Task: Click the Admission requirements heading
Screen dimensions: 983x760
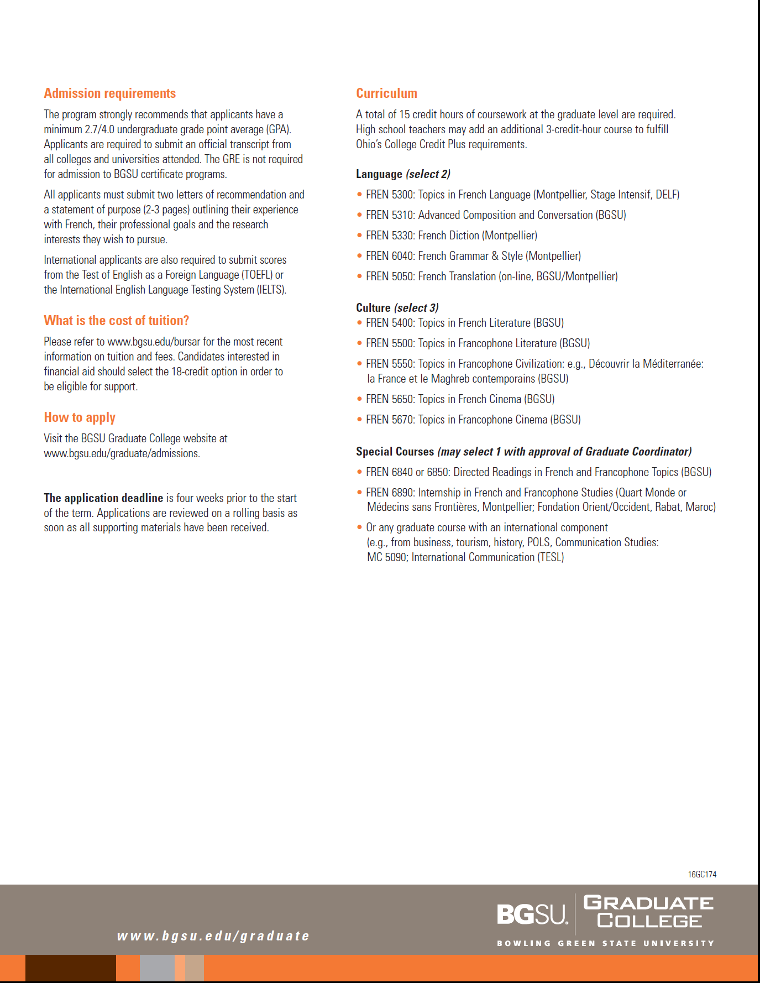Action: pos(109,93)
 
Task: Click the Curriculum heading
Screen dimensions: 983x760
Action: pos(386,93)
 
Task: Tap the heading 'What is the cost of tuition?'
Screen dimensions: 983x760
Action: pos(116,321)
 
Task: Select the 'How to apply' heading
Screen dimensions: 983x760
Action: pos(80,417)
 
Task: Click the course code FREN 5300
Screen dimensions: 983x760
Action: pos(390,195)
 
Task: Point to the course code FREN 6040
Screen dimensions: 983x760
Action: pos(390,256)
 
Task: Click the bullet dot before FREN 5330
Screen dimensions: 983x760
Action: pos(360,236)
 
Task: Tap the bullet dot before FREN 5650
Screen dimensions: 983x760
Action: pos(360,399)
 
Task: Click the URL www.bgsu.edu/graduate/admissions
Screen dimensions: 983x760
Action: pos(122,453)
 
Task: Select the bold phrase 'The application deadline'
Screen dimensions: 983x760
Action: pos(103,498)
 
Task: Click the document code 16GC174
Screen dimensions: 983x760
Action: pos(702,875)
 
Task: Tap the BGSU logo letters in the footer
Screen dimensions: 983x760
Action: pos(532,914)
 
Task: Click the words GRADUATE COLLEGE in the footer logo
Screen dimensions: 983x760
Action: pos(649,912)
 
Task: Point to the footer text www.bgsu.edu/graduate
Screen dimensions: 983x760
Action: pos(213,936)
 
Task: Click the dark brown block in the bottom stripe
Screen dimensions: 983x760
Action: pos(71,968)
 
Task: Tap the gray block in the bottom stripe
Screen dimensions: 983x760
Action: pos(157,968)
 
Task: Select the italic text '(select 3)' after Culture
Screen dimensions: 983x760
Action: pos(416,308)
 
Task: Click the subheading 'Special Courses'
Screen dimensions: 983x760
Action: pos(395,452)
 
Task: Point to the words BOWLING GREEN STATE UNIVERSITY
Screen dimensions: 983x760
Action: pos(605,943)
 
